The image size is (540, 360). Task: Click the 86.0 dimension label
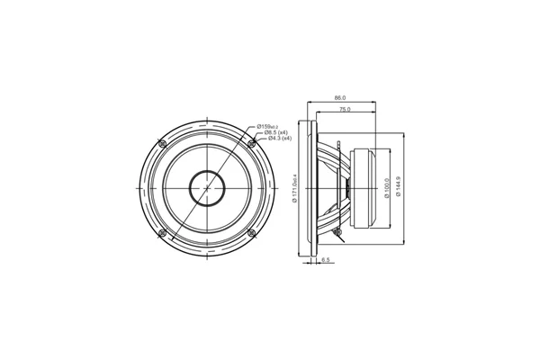339,97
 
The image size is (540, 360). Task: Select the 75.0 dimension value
345,109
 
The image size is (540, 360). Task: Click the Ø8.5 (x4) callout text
274,132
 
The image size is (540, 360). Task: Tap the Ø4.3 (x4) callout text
276,139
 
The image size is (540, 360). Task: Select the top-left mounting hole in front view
162,143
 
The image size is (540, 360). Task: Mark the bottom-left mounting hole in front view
162,233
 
